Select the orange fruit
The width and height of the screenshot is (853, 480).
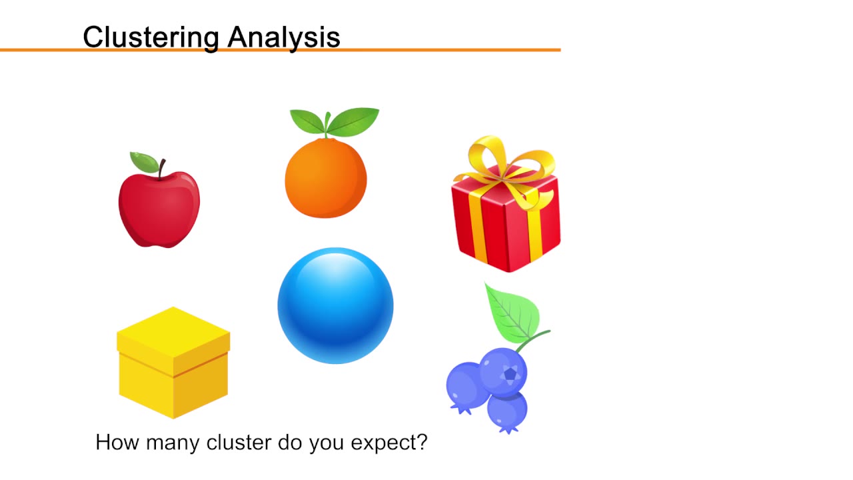[x=325, y=179]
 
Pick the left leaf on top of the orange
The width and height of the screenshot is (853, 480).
[x=307, y=121]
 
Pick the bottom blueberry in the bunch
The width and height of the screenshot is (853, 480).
[x=507, y=409]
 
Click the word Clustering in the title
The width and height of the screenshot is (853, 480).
[x=151, y=37]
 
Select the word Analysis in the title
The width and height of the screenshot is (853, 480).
[x=284, y=37]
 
